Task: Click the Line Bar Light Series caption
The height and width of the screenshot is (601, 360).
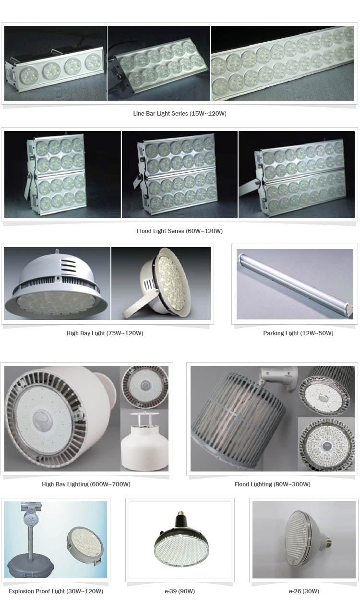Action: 180,114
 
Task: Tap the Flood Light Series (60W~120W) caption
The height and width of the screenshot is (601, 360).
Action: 180,231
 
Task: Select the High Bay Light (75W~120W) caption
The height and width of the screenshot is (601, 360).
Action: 105,333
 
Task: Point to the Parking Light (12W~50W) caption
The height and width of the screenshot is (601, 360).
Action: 298,333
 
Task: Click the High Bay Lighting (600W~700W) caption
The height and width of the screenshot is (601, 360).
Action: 86,484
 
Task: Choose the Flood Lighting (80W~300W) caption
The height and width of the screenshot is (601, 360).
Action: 272,484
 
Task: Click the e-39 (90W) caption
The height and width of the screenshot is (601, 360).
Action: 180,591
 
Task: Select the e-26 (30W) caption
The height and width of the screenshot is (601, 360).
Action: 304,591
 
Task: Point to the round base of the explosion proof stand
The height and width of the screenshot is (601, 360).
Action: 30,566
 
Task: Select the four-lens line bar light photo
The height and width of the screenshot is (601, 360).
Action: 56,63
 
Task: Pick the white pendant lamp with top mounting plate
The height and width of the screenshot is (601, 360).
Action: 144,441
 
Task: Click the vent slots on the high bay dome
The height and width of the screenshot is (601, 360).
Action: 68,265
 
